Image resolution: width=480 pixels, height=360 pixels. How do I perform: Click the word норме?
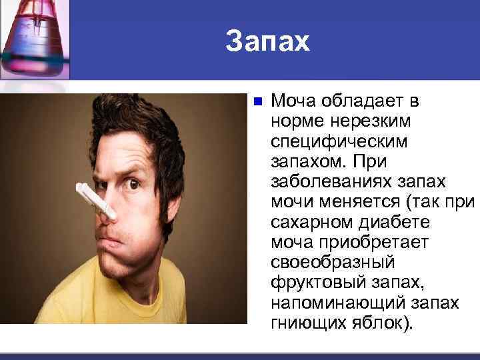point(294,121)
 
